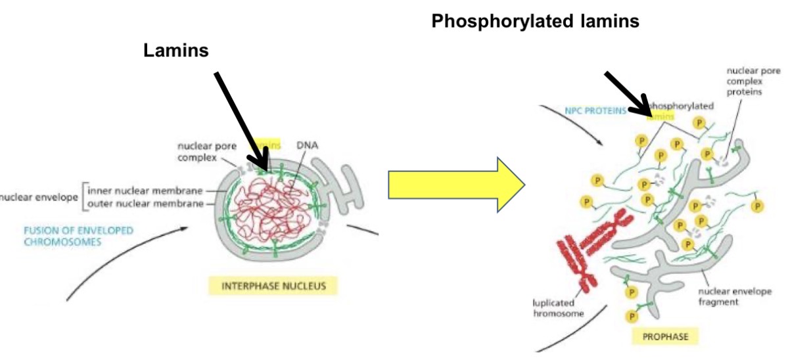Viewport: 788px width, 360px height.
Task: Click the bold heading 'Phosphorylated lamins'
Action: pyautogui.click(x=535, y=21)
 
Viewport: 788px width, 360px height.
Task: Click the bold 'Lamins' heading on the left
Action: pyautogui.click(x=176, y=51)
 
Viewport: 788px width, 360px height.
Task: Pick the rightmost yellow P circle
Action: pyautogui.click(x=757, y=206)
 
